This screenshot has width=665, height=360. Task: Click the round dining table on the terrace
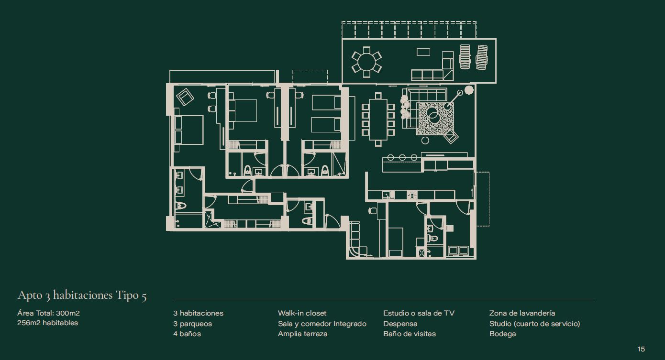point(366,62)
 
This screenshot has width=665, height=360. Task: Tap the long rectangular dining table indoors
point(378,120)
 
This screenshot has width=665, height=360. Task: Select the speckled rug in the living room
point(435,119)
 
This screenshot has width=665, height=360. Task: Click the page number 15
point(641,349)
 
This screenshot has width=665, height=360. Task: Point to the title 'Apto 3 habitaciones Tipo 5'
point(82,295)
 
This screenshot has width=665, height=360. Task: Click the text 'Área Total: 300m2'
point(48,313)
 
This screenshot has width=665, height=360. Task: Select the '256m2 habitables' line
point(47,323)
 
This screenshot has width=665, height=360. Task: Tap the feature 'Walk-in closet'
point(302,313)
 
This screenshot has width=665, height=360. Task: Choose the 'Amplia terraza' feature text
point(302,334)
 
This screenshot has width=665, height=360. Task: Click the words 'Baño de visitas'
point(410,334)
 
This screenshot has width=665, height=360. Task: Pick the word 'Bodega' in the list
point(503,334)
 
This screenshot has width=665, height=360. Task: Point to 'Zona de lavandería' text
point(522,313)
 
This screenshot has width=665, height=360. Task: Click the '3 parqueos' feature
point(193,324)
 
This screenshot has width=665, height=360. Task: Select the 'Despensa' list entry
point(400,324)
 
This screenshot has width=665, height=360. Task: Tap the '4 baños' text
point(187,334)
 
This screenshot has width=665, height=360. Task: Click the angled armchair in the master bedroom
point(185,97)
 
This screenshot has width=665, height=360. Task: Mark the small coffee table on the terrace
point(423,52)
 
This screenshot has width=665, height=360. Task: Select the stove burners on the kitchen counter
point(412,195)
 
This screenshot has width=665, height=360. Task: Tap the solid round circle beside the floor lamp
point(469,90)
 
